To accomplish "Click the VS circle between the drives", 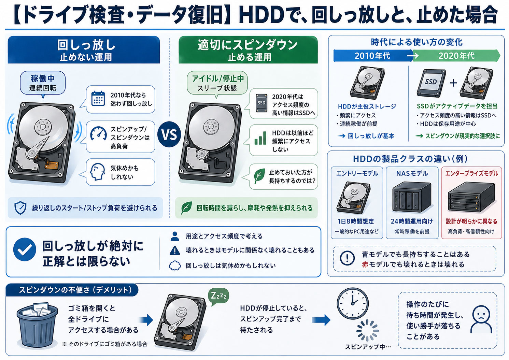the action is click(169, 134).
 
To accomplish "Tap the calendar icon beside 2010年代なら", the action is click(98, 99).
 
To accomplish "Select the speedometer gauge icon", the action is click(98, 133).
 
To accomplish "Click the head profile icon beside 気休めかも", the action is click(97, 172).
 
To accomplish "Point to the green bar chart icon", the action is click(260, 138).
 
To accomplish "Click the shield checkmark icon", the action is click(20, 207).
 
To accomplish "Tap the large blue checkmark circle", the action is click(25, 249).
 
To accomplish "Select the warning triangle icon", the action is click(175, 250).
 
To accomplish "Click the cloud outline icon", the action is click(175, 265).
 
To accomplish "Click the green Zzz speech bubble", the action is click(218, 296).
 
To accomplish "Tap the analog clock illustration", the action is click(352, 303).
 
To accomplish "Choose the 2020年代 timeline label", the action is click(456, 56).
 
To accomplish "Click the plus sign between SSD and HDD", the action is click(454, 83).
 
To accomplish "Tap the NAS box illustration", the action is click(412, 197).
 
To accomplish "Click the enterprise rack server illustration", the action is click(471, 197).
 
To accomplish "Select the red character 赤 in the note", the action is click(365, 264).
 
